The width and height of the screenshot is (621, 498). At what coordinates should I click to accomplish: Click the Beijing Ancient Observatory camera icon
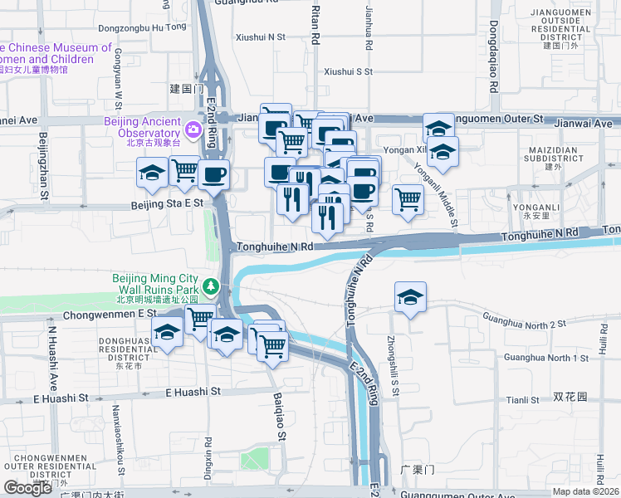[193, 129]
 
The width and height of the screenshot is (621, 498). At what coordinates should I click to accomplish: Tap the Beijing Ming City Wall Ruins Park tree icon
[212, 286]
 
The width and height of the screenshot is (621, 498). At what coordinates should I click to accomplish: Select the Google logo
[27, 487]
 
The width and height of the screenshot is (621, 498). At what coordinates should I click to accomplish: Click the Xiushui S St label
[348, 71]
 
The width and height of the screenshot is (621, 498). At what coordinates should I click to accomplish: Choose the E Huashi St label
[193, 391]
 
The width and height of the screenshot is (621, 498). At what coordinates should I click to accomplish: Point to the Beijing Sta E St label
[167, 203]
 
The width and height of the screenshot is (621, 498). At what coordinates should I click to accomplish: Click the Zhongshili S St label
[394, 364]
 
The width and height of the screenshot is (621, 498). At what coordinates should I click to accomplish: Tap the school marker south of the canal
[410, 297]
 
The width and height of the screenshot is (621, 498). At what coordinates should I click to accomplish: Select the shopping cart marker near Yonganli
[408, 198]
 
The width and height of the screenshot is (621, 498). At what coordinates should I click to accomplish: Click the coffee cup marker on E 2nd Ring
[214, 174]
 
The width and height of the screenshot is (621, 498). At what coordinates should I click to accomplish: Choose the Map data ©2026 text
[584, 491]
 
